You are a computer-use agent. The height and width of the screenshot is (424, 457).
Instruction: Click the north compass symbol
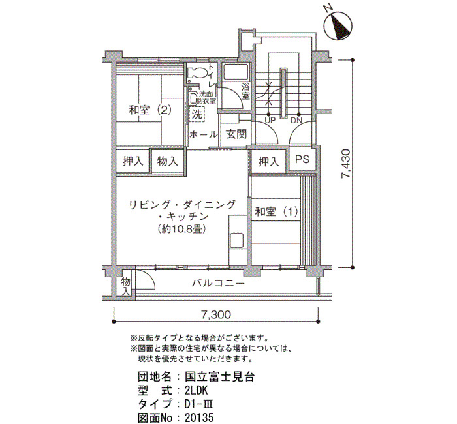pos(338,25)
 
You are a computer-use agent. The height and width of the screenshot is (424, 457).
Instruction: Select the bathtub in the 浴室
pos(235,72)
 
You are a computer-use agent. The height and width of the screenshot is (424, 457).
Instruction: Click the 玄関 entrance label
pos(236,134)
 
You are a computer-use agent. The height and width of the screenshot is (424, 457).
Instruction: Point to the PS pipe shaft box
pos(302,159)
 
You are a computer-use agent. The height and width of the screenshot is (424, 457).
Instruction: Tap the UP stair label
pos(270,120)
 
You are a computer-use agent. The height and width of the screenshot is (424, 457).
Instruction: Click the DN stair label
pos(296,120)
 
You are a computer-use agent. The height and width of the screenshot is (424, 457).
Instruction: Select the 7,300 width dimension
pos(216,314)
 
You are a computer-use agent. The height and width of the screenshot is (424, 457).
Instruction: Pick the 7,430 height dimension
pos(346,164)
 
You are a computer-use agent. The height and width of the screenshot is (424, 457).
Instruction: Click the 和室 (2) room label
pos(150,110)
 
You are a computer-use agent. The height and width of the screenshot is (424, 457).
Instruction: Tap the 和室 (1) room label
pos(277,212)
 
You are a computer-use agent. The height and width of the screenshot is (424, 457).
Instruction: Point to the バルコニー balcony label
pos(217,282)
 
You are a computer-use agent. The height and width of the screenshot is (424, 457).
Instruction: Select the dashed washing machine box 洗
pos(197,114)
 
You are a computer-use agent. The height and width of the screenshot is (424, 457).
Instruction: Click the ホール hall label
pos(204,134)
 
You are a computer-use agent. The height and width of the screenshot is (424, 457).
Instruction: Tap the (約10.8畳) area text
pos(182,228)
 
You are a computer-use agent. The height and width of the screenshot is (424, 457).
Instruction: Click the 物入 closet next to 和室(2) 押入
pos(168,160)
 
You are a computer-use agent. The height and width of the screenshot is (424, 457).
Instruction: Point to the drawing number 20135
pos(199,417)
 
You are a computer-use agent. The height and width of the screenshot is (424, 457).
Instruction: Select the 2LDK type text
pos(196,390)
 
